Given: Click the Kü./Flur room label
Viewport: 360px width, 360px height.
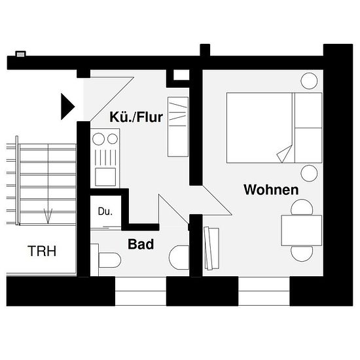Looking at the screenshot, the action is pyautogui.click(x=136, y=117).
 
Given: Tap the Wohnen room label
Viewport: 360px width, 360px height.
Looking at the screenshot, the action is pyautogui.click(x=271, y=190).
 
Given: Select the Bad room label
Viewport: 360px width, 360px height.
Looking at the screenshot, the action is pyautogui.click(x=141, y=244).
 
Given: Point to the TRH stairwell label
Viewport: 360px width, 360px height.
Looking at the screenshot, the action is pyautogui.click(x=42, y=251).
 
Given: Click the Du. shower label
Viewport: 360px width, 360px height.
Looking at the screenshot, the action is pyautogui.click(x=105, y=211).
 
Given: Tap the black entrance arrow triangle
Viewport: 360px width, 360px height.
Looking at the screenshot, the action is pyautogui.click(x=67, y=107).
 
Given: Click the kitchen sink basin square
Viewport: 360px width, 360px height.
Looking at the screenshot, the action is pyautogui.click(x=105, y=177).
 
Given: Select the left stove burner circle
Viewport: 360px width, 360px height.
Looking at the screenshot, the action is pyautogui.click(x=98, y=139).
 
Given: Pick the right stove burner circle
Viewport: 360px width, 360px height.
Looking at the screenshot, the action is pyautogui.click(x=113, y=139).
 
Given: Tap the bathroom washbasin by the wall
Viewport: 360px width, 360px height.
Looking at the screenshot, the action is pyautogui.click(x=179, y=257).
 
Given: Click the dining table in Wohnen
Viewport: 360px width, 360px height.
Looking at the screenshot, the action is pyautogui.click(x=302, y=230).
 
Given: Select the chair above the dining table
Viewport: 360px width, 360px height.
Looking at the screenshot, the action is pyautogui.click(x=302, y=207).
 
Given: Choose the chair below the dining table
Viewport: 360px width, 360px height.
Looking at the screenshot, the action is pyautogui.click(x=302, y=253).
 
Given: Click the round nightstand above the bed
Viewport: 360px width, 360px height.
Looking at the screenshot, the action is pyautogui.click(x=309, y=81).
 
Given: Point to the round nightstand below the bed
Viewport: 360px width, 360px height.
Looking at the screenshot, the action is pyautogui.click(x=309, y=173).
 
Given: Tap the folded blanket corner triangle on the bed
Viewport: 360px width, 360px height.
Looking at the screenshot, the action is pyautogui.click(x=285, y=154).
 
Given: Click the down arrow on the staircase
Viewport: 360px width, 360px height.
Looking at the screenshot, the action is pyautogui.click(x=48, y=216).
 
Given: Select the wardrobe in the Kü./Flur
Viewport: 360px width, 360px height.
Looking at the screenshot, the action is pyautogui.click(x=178, y=127).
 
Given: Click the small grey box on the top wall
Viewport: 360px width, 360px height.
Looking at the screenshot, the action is pyautogui.click(x=20, y=54).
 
